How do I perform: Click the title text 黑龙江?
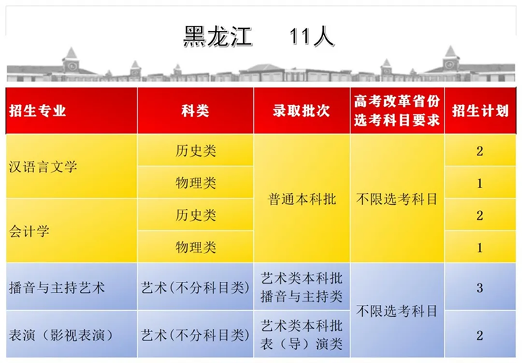(x=217, y=36)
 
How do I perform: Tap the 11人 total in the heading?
(x=312, y=36)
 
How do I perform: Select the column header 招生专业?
(x=37, y=110)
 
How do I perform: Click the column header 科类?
(x=195, y=110)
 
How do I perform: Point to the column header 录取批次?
(x=302, y=110)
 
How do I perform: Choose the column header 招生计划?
(x=480, y=110)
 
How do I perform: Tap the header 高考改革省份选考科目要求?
(x=397, y=110)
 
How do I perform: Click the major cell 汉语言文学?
(x=43, y=166)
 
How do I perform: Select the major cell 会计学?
(x=29, y=231)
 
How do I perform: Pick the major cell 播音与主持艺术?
(x=57, y=288)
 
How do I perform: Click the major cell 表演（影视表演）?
(x=61, y=335)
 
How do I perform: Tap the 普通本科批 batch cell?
(x=302, y=199)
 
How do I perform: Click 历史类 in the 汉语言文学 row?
(x=196, y=151)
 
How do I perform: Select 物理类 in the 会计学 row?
(x=196, y=247)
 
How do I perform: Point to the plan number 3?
(x=479, y=288)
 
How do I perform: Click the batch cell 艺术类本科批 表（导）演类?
(x=302, y=335)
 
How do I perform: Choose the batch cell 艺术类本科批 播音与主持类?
(x=302, y=287)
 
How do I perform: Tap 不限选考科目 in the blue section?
(x=397, y=311)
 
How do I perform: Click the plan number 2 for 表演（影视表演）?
(x=479, y=335)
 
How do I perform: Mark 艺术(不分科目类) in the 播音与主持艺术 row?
(x=195, y=288)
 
